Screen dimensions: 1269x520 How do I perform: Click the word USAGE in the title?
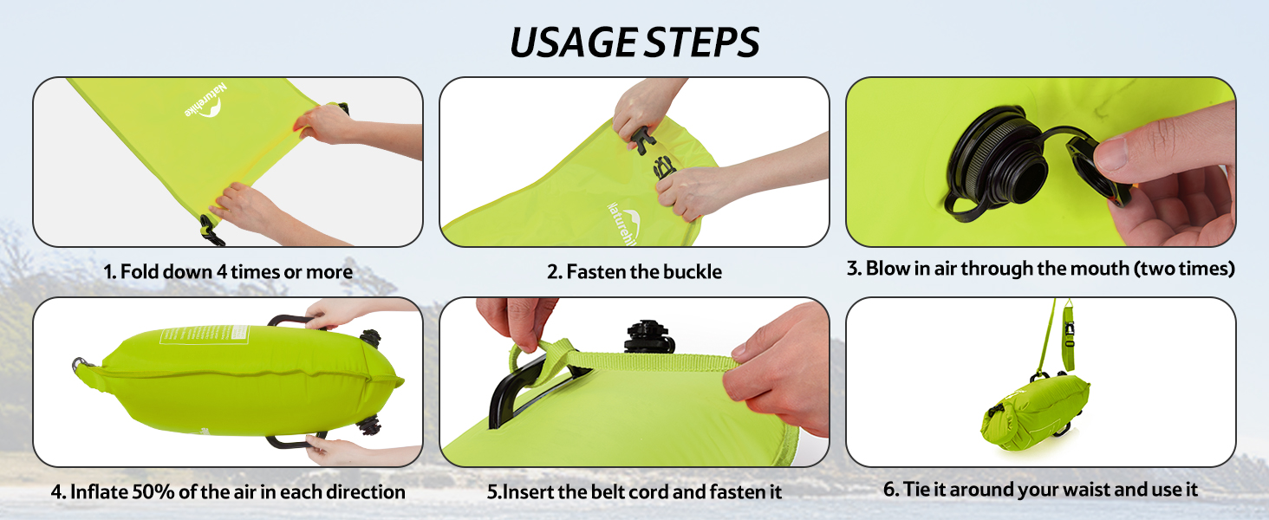click(x=574, y=42)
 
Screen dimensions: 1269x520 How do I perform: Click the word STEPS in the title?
click(x=702, y=42)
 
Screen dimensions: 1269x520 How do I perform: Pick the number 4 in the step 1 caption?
click(x=222, y=272)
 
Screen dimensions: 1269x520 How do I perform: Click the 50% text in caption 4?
click(x=153, y=491)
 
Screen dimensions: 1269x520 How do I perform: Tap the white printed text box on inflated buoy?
click(x=205, y=335)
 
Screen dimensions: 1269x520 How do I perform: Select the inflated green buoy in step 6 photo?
click(x=1035, y=412)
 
